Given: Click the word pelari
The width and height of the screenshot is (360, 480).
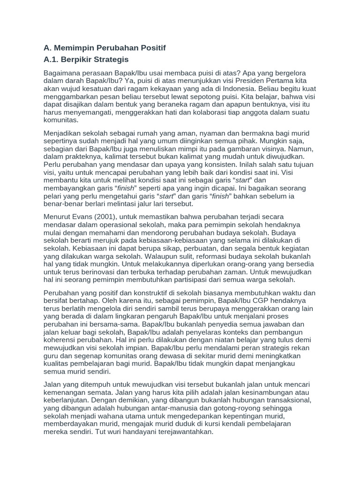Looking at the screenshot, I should pos(53,196).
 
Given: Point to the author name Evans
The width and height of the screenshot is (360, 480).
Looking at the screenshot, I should pos(84,217).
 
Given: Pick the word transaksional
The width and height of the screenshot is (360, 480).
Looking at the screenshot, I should pos(284,400).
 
